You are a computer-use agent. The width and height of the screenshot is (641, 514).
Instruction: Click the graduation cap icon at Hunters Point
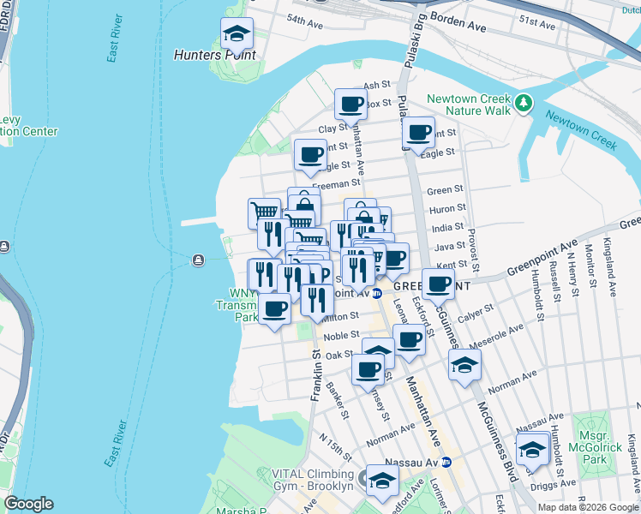click(x=237, y=34)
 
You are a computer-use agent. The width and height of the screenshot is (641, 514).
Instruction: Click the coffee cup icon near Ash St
click(x=350, y=105)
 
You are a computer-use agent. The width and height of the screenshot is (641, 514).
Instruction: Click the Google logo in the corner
click(x=28, y=504)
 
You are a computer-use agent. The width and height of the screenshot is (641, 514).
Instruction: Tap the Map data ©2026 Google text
click(x=587, y=507)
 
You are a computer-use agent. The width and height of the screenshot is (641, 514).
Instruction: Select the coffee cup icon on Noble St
click(x=409, y=338)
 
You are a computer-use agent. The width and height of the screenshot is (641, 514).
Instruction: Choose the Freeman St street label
click(x=336, y=184)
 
